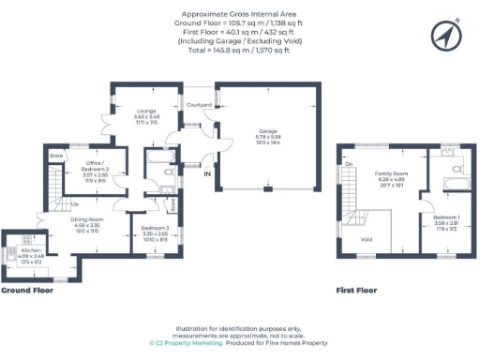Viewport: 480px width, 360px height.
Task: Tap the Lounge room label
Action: click(x=144, y=112)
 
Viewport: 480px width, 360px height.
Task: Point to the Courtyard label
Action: click(x=199, y=104)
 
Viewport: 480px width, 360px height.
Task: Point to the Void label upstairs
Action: click(x=366, y=239)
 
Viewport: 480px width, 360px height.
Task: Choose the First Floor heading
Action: click(x=356, y=291)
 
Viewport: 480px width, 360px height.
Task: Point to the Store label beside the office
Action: click(x=55, y=155)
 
